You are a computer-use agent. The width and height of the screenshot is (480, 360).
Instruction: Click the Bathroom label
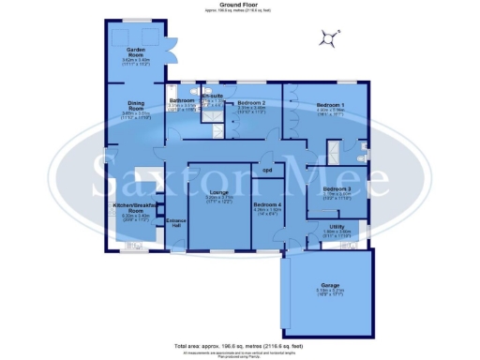click(x=181, y=100)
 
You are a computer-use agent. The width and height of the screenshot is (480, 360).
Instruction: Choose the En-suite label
click(x=212, y=96)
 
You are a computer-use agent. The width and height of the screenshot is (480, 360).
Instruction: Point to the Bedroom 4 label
click(x=266, y=203)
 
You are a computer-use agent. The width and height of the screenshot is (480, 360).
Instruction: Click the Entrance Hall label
click(x=175, y=222)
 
